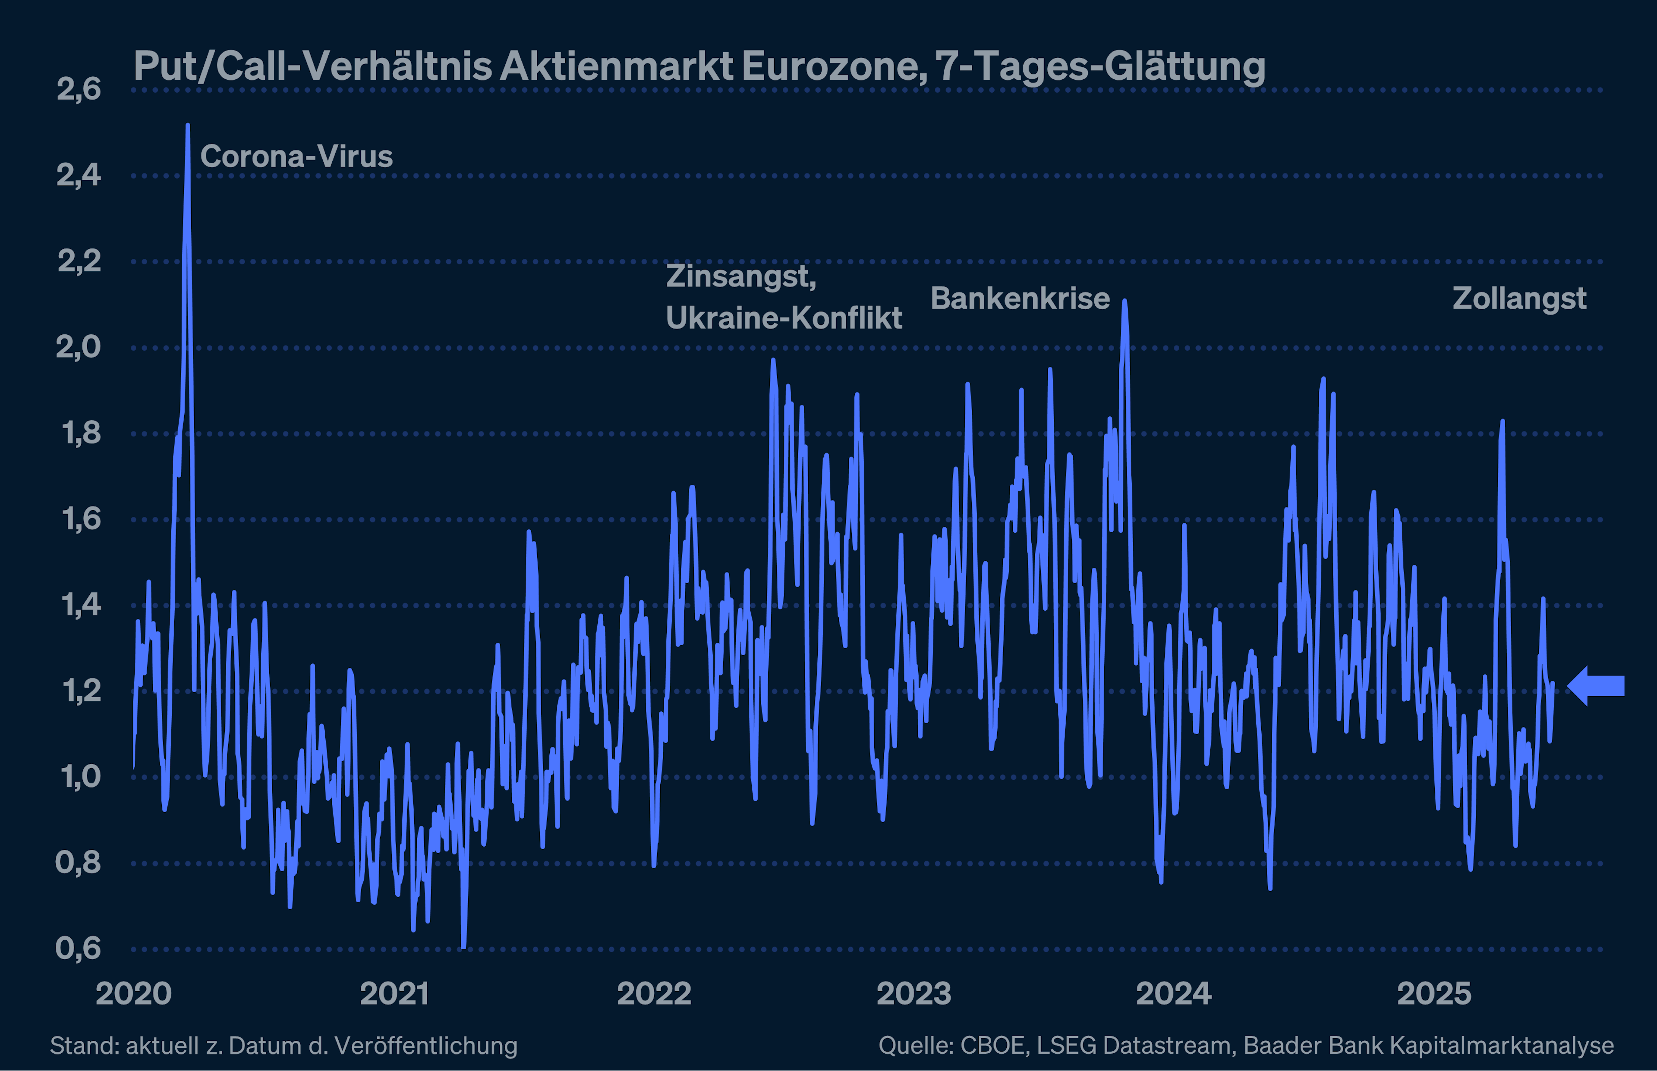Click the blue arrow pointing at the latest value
coord(1597,686)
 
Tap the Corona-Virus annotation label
coord(296,157)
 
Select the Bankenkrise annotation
coord(1020,298)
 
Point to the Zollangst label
coord(1519,298)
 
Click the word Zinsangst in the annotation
coord(740,276)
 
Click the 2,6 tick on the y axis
coord(79,90)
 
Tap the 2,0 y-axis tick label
coord(79,347)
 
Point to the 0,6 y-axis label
coord(79,948)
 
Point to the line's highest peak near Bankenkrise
coord(1124,301)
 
